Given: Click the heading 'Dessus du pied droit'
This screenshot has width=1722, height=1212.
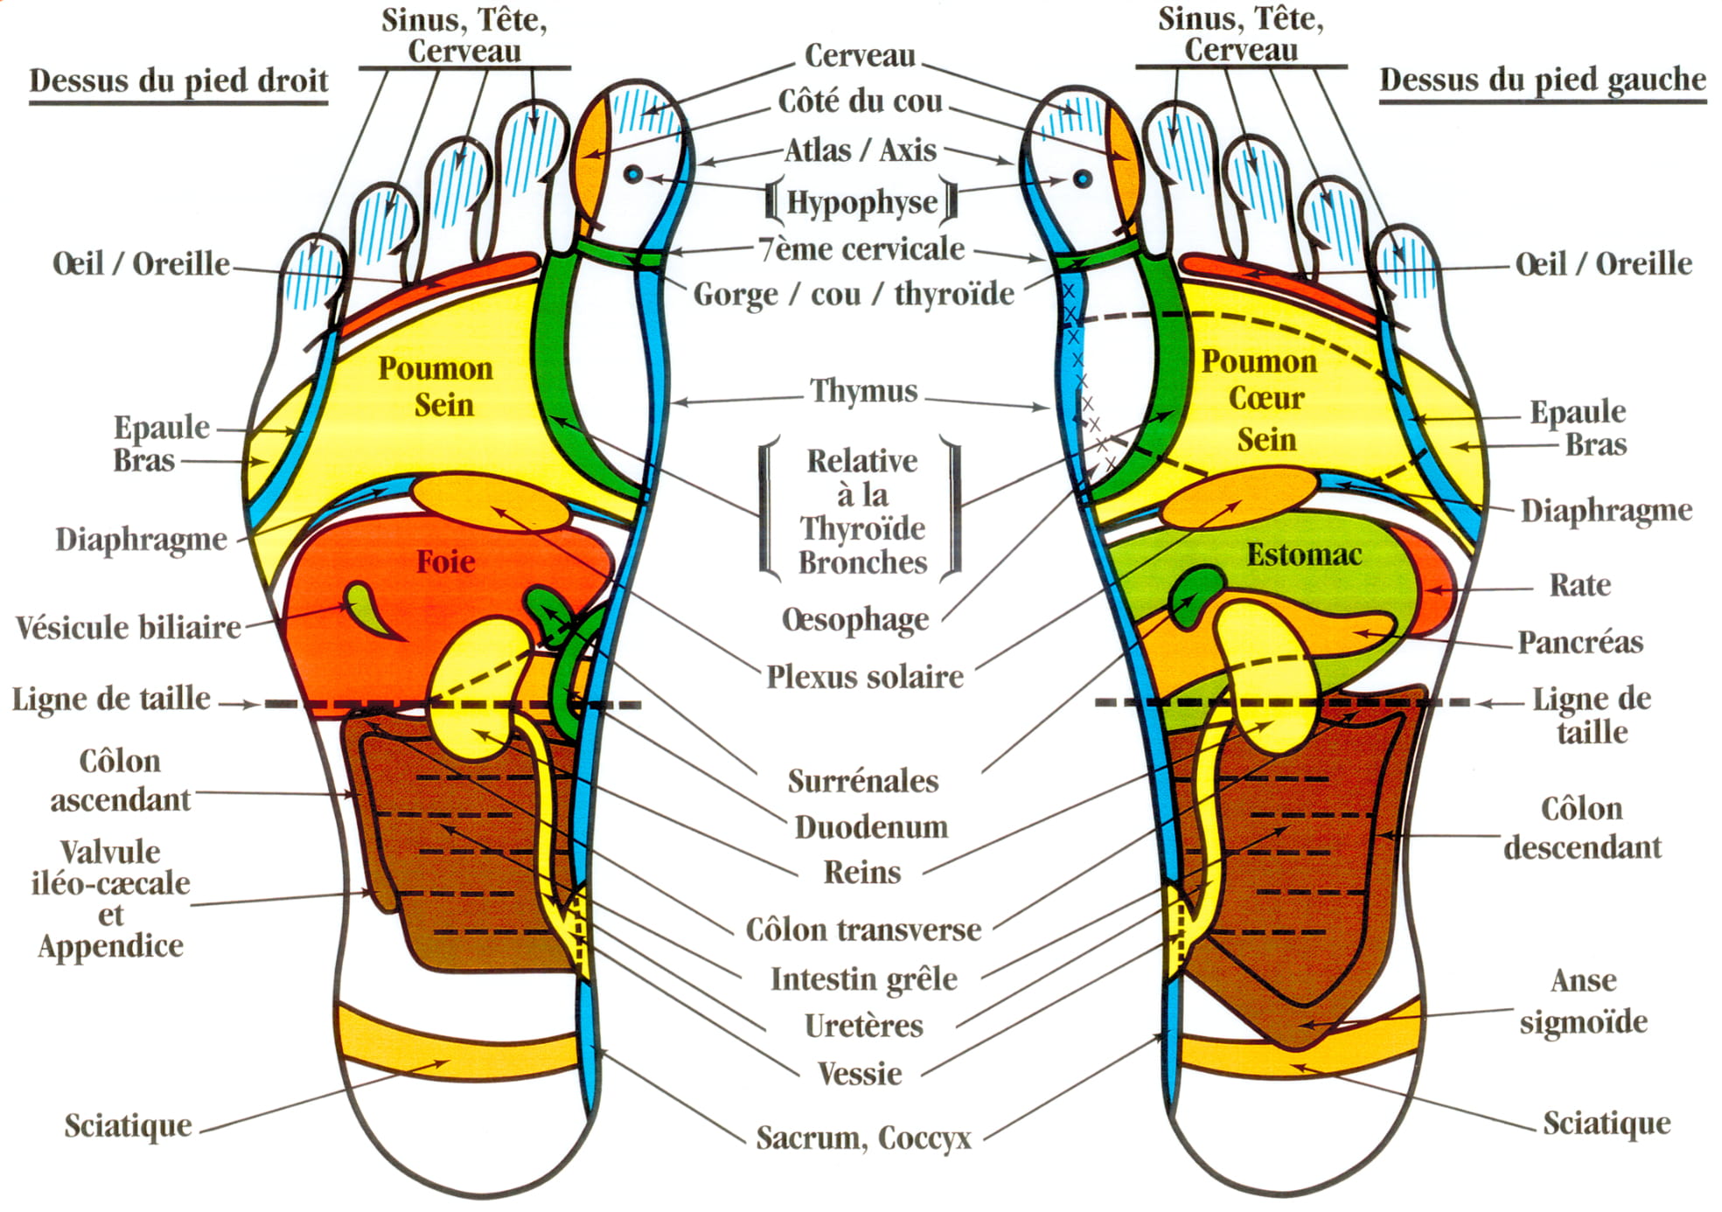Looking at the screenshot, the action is [178, 80].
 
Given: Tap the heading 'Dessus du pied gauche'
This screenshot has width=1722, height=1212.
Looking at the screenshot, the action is [1543, 80].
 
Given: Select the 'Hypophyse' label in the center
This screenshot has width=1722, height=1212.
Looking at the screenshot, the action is [862, 202].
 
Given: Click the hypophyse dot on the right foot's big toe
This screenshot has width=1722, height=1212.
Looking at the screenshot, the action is [633, 175].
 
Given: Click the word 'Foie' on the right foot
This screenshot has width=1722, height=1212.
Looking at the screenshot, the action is [445, 561].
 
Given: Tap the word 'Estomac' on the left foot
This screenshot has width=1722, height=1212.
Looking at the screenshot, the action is [1304, 554].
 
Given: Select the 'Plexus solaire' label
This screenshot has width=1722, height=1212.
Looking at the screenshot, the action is [865, 677].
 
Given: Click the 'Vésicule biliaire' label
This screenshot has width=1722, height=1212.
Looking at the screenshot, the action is [129, 627].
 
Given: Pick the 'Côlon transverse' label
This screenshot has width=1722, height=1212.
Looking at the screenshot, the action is [863, 930].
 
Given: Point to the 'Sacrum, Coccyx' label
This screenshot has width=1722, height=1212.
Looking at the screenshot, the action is [864, 1138].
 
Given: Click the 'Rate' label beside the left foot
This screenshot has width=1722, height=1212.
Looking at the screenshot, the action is [1579, 585].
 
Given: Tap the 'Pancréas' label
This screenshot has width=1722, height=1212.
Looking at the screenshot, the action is [1580, 642].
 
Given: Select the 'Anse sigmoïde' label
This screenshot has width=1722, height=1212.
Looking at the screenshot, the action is [1583, 1001].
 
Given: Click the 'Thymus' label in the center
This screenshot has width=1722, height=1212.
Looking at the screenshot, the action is [864, 391].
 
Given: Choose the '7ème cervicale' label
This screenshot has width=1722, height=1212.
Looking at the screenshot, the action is [862, 249].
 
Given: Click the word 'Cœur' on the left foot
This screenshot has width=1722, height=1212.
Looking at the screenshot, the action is [1266, 399].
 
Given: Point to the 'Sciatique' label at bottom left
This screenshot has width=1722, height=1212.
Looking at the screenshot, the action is [128, 1125].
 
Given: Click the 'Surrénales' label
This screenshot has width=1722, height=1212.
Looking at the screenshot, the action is [863, 781].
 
